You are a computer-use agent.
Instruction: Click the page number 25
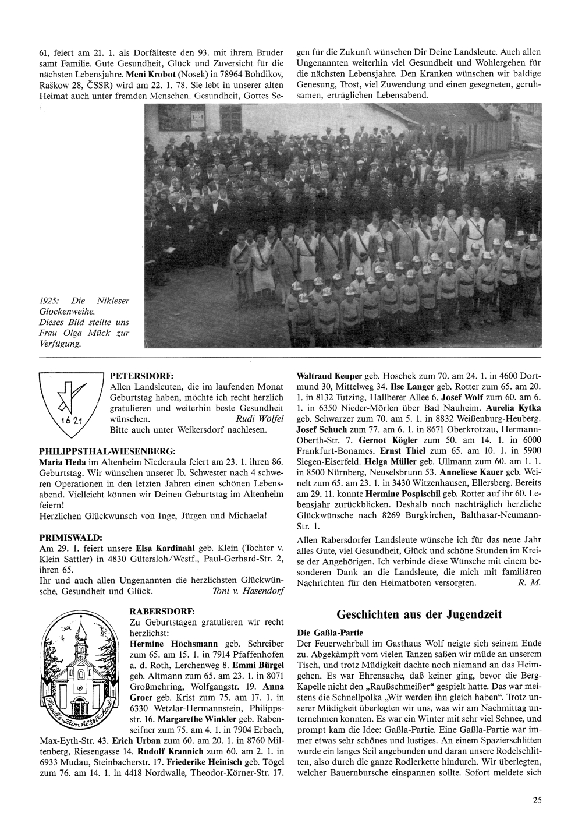coord(537,800)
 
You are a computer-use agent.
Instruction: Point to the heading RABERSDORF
coord(160,611)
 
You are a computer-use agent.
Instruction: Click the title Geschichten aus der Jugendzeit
coord(419,615)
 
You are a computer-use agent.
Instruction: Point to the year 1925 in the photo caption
coord(49,301)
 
